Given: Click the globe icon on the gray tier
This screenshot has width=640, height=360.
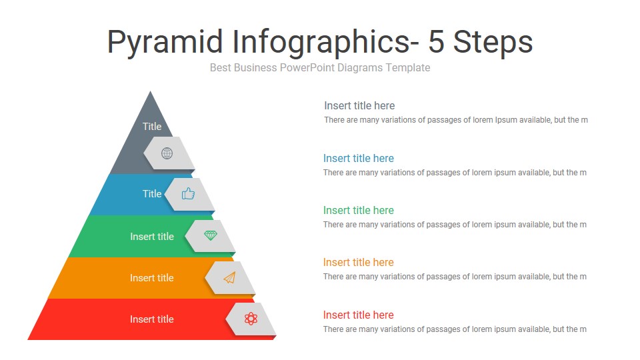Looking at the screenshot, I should coord(167,153).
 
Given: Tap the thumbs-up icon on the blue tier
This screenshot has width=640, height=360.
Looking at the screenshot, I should coord(188,194).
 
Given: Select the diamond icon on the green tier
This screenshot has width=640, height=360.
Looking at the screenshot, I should coord(211,235).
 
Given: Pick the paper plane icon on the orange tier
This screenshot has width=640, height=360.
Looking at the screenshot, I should coord(230,277).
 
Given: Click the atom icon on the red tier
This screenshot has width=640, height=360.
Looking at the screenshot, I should coord(251,319).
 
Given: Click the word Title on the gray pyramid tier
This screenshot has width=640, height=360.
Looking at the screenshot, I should coord(152,126).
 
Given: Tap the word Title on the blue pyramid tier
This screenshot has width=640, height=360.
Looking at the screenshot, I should coord(152,193).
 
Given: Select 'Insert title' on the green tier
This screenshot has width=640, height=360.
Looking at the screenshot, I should coord(151,237).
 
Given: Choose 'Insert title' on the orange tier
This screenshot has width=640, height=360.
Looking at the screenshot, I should coord(151,278).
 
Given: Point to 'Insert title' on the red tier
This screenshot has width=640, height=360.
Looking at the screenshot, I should coord(151,319).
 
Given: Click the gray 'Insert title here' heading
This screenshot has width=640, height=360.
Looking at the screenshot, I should coord(359,105).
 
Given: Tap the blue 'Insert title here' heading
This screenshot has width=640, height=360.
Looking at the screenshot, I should coord(359,158).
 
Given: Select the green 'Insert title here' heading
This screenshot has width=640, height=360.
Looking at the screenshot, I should coord(359,210).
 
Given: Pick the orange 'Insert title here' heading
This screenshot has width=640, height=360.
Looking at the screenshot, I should coord(359,262).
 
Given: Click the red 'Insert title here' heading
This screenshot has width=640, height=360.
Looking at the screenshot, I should coord(359,315).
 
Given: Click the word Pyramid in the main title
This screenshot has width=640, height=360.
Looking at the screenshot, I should coord(165,42).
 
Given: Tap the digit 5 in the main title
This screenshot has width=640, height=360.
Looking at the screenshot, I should coord(437,42).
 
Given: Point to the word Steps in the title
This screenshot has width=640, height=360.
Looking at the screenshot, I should coord(493,42).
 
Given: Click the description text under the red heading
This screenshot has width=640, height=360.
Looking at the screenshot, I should coord(455,329).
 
